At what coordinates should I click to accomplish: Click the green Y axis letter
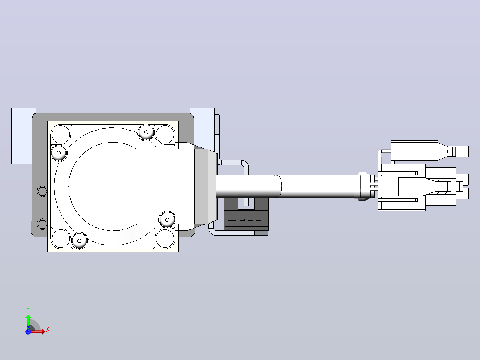point(28,310)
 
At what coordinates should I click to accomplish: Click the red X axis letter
point(48,330)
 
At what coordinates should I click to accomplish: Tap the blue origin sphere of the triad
point(28,331)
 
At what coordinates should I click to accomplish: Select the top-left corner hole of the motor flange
point(61,134)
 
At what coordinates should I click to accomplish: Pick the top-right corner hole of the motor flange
point(165,134)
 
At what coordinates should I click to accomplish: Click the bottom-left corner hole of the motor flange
point(61,238)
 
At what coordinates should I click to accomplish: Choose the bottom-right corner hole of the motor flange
point(165,238)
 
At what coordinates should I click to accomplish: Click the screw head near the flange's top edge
point(146,132)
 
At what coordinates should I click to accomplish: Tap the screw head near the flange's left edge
point(58,153)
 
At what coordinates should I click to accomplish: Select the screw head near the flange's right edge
point(167,220)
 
